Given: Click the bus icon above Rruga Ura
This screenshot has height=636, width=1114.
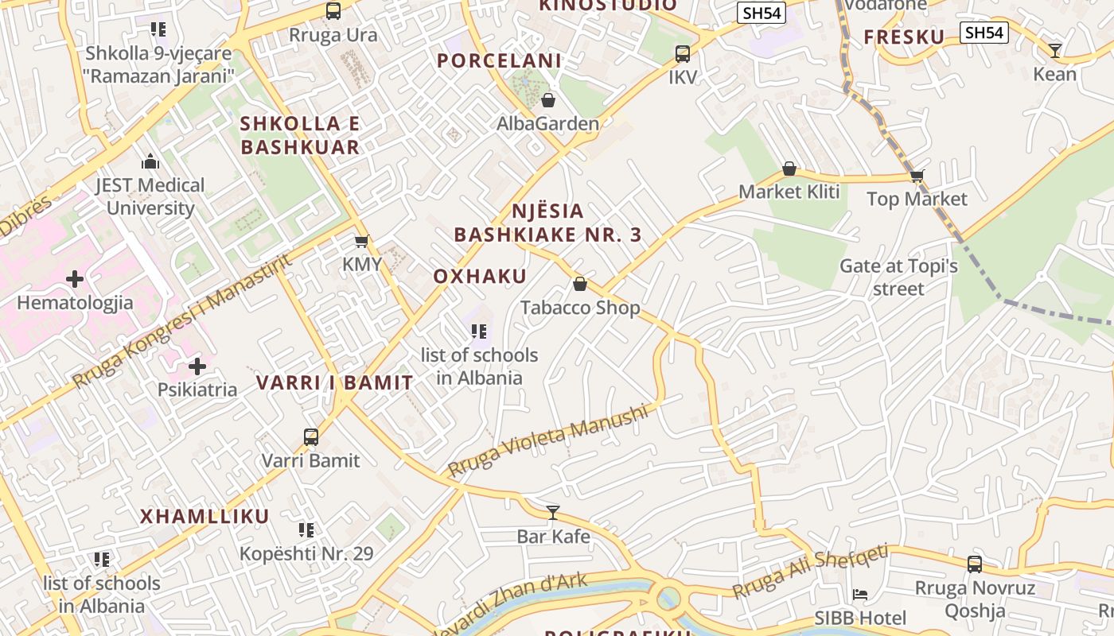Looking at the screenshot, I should tap(333, 11).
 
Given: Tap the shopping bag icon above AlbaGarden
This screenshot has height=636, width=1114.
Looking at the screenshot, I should tap(548, 100).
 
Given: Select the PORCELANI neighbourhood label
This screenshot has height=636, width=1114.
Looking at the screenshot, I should tap(500, 60).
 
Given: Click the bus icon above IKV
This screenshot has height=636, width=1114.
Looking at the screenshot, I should tap(683, 54).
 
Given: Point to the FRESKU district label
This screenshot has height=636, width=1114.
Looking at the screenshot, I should tap(904, 37).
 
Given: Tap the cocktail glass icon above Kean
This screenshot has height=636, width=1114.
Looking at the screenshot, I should tap(1055, 51).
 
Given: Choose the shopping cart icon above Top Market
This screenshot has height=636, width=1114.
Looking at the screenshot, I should tap(917, 176).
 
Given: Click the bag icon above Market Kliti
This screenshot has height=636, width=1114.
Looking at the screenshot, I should tap(789, 169).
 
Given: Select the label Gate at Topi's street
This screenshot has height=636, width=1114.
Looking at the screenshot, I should tap(898, 277).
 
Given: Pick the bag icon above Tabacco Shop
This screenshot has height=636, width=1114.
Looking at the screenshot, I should tap(580, 284).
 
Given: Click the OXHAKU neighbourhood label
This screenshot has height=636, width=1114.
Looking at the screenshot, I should tap(480, 276).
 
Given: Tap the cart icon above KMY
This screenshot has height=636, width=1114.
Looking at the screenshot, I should tap(362, 241).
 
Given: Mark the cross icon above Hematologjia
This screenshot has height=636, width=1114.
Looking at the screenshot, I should tap(75, 279).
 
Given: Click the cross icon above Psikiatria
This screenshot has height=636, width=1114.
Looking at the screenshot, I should tap(197, 366).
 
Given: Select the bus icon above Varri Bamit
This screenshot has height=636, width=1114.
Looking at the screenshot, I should tap(311, 437).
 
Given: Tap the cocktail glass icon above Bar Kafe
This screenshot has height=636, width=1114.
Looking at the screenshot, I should tap(553, 513).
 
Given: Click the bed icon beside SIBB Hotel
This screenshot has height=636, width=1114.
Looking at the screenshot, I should tap(860, 594).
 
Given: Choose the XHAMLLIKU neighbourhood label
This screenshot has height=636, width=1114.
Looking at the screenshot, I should tap(205, 516).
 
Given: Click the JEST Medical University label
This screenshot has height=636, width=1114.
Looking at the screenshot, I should tap(150, 196).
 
